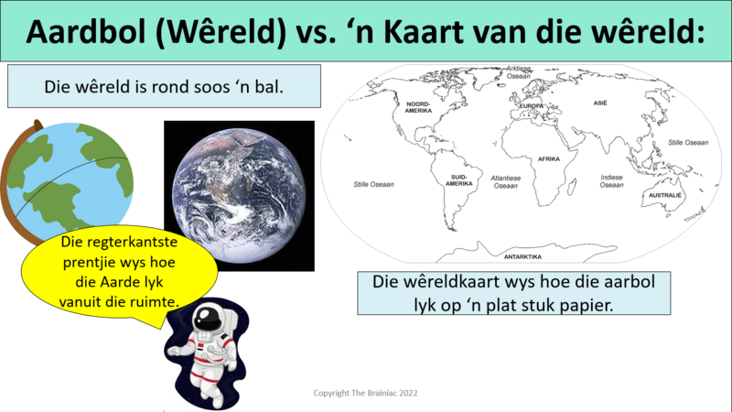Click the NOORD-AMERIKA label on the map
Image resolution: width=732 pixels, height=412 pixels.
coord(418,107)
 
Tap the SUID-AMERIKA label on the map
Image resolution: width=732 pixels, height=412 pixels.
coord(459,180)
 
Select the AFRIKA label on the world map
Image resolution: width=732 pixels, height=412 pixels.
coord(548,158)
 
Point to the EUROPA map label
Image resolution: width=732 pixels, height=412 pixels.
coord(532,106)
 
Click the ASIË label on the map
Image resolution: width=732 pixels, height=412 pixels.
coord(600,103)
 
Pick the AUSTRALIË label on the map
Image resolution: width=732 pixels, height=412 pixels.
coord(665,195)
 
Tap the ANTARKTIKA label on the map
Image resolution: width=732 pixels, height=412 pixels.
coord(522,256)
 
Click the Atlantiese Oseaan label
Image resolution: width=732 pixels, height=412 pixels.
coord(506,181)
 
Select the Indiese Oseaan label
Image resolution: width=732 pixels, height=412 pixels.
coord(611,180)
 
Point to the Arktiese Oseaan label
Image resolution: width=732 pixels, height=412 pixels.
coord(519,72)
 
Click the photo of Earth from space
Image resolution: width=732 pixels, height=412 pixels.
coord(239,196)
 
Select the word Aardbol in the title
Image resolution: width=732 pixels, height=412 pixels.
coord(86,32)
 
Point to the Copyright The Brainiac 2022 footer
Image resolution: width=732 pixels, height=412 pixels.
coord(365,393)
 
